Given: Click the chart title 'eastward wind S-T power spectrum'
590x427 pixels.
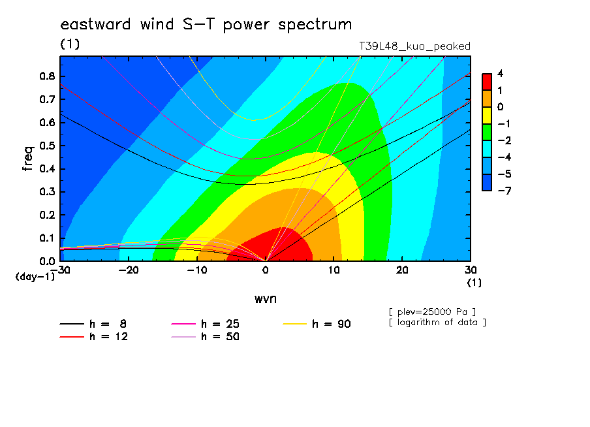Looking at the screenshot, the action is click(x=206, y=25).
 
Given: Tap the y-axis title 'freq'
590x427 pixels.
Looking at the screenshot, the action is click(x=28, y=159).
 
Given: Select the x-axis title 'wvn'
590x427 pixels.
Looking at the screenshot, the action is click(x=266, y=299).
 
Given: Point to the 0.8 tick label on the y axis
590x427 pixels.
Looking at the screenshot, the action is click(x=48, y=76).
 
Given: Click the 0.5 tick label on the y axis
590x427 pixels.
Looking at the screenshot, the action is click(x=48, y=146).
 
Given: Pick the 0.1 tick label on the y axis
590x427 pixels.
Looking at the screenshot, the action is click(x=48, y=238).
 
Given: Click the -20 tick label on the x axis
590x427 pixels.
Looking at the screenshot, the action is click(x=129, y=270).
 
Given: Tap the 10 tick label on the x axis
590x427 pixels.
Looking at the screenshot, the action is click(x=334, y=270).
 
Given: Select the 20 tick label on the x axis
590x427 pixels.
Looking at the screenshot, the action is click(x=402, y=270).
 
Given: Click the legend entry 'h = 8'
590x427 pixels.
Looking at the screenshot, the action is click(x=93, y=324).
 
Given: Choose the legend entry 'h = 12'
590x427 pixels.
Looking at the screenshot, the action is click(x=94, y=337).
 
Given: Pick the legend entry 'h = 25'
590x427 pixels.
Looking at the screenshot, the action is click(x=205, y=324).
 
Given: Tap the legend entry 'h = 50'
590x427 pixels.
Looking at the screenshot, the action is click(x=205, y=337).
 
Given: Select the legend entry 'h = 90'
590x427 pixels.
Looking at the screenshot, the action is click(x=317, y=324).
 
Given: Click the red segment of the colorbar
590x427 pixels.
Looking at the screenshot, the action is click(x=487, y=82).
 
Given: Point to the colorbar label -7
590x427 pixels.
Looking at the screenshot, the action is click(x=505, y=191).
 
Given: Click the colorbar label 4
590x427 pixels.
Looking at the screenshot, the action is click(x=500, y=74).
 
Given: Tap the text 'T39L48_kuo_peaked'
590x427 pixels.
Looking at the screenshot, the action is click(x=414, y=46).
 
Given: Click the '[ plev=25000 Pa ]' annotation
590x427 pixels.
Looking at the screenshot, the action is click(x=432, y=312).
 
